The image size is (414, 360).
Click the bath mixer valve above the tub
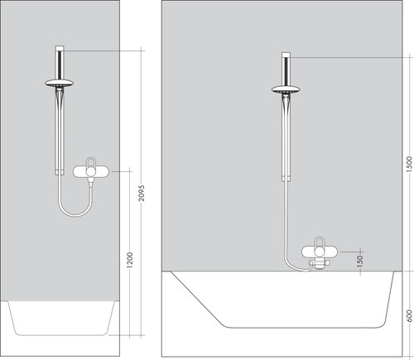tap(316, 253)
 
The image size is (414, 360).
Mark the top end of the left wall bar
tap(60, 49)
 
